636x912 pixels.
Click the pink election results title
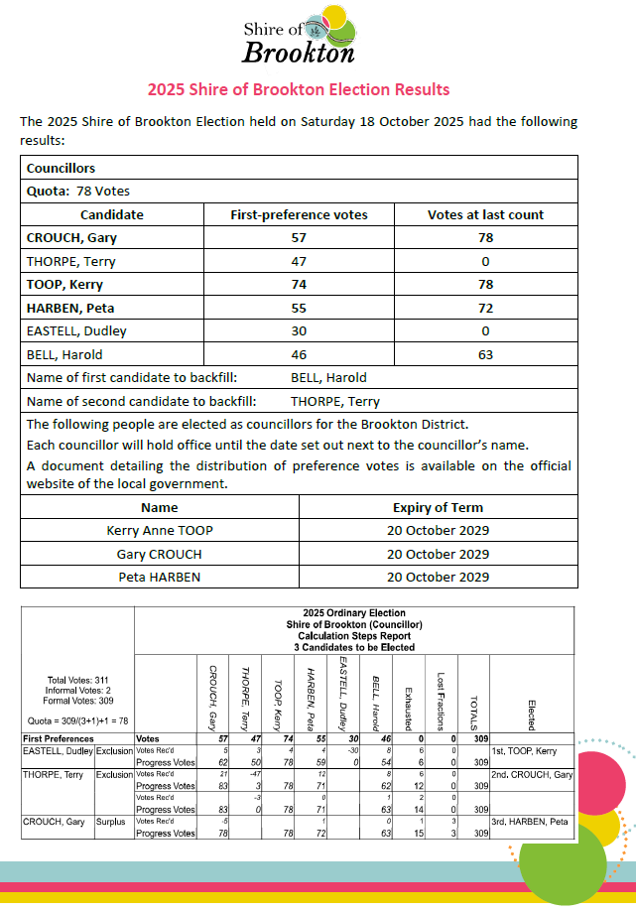point(299,89)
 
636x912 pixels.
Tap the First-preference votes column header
point(299,214)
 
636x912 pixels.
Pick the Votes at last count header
point(485,214)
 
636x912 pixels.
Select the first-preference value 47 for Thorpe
point(299,262)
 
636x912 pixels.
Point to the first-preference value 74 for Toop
point(299,285)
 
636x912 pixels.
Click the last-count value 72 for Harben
point(485,308)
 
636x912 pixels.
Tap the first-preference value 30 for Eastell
point(299,330)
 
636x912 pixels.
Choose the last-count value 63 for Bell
point(485,354)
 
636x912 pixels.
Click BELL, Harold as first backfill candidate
point(328,377)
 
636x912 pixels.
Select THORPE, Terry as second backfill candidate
point(335,402)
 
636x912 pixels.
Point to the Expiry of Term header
point(438,507)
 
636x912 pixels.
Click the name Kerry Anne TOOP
point(160,531)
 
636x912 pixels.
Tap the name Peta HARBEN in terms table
point(160,577)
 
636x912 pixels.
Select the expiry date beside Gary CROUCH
point(438,554)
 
